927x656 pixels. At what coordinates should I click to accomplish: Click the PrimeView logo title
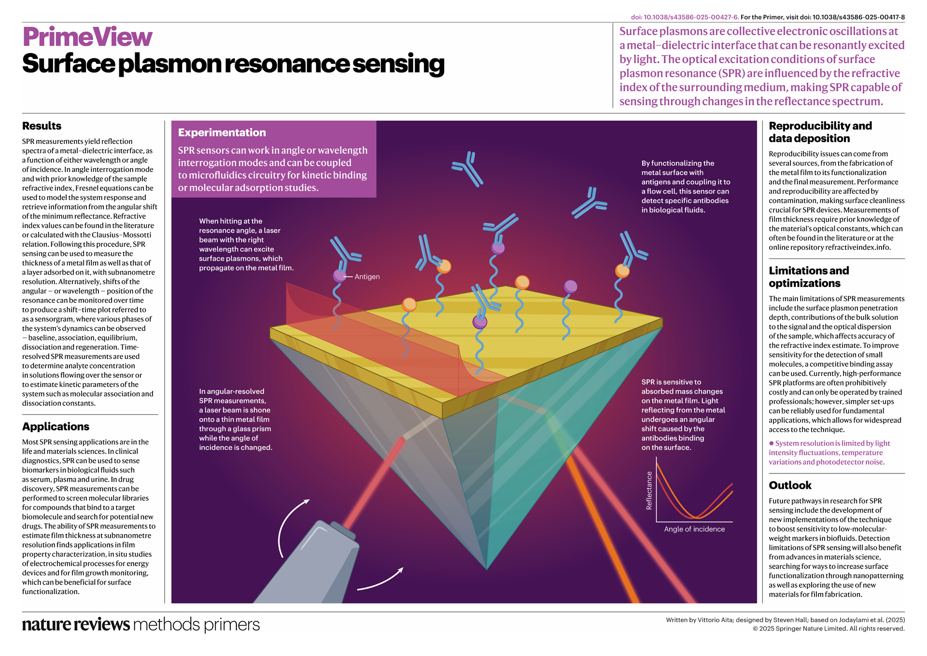(87, 37)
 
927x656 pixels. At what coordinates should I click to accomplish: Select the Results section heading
(42, 126)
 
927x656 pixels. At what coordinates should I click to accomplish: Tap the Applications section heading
(56, 427)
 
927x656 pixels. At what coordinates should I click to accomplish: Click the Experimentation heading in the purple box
(222, 133)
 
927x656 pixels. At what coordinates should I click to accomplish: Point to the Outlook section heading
(790, 485)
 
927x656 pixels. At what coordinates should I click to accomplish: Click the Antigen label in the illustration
(367, 277)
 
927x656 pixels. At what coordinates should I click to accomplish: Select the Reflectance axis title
(649, 490)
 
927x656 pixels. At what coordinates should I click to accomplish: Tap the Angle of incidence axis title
(694, 529)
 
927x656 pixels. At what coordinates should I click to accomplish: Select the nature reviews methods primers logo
(140, 624)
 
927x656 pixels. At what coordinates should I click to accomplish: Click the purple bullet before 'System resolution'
(772, 443)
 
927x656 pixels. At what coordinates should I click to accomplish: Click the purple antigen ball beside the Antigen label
(339, 276)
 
